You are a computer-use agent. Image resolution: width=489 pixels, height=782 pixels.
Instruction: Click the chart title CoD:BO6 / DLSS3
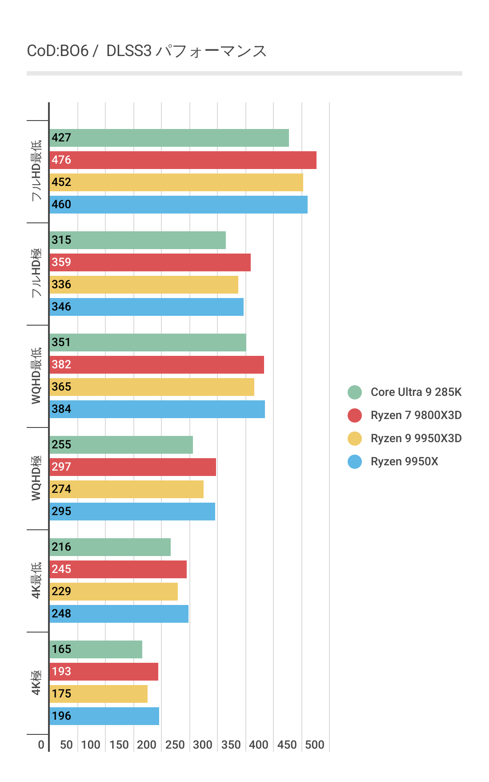coord(147,51)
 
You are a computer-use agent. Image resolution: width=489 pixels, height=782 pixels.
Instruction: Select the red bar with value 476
coord(183,160)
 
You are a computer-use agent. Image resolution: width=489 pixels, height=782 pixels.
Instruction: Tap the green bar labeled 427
coord(169,138)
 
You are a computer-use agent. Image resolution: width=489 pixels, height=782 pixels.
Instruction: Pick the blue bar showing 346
coord(146,307)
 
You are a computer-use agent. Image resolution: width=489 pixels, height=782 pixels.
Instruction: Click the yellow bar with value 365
coord(152,387)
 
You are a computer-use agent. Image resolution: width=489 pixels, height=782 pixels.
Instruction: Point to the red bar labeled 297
coord(132,467)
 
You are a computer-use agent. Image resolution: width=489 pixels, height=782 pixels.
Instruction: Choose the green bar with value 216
coord(110,547)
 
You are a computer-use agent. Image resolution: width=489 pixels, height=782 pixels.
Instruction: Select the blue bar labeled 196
coord(104,716)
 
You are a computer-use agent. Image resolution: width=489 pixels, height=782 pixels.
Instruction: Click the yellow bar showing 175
coord(98,694)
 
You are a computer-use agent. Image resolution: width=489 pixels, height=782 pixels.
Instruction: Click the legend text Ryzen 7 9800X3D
coord(416,415)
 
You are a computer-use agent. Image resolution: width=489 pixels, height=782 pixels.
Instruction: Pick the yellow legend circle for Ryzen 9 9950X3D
coord(355,438)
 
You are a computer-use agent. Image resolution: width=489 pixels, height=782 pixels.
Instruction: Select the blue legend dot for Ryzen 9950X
coord(355,461)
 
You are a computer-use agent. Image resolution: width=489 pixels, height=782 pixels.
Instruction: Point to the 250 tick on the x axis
coord(175,745)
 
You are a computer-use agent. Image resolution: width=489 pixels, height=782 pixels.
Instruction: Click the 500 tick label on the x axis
coord(314,745)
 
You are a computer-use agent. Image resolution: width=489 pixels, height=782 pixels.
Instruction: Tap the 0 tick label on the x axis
coord(41,745)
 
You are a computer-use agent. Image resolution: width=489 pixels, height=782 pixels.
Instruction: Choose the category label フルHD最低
coord(36,171)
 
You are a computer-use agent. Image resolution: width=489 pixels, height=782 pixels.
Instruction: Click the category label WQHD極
coord(36,478)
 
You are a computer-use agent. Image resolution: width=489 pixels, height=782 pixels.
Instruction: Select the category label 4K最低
coord(36,580)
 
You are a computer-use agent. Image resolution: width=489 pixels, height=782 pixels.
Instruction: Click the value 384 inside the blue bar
coord(61,409)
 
